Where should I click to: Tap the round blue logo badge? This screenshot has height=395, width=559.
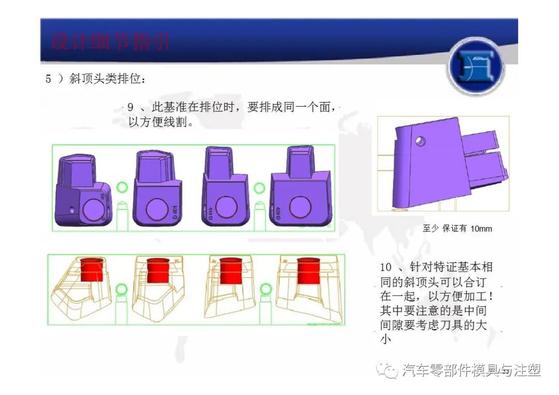(476, 66)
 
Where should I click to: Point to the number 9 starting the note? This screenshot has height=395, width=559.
(131, 108)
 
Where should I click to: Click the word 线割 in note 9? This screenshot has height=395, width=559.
(175, 123)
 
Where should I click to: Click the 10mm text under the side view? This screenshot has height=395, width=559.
(481, 228)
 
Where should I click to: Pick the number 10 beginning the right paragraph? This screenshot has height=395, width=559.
(386, 268)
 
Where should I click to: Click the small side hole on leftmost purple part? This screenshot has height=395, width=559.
(71, 210)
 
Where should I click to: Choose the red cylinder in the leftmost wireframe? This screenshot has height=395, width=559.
(92, 270)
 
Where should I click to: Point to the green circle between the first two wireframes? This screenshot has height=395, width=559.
(122, 288)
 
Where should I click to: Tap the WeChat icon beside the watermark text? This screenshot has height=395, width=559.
(388, 371)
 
